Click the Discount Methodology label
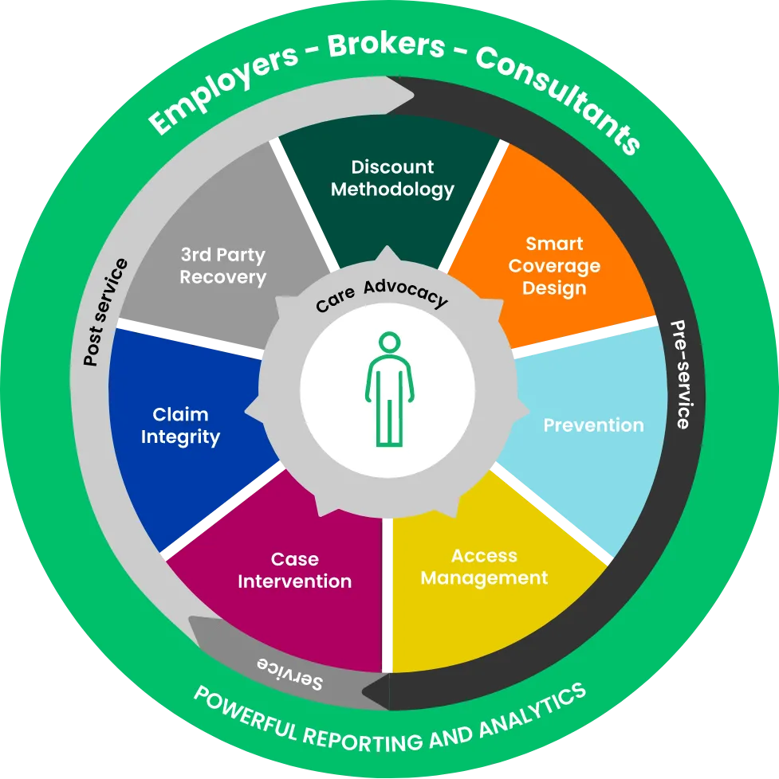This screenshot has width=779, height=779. coord(392,178)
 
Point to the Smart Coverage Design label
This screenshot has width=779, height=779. coord(554,265)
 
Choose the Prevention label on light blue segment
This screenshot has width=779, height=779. coord(593,425)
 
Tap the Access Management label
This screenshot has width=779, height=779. coord(484,566)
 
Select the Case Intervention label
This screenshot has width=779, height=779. coord(294,570)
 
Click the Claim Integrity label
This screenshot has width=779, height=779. coord(180,425)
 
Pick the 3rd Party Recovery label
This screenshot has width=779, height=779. coord(222,266)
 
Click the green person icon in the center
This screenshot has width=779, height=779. coord(389,389)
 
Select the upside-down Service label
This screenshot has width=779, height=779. coord(289,673)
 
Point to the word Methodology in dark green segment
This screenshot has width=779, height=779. coord(392,190)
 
